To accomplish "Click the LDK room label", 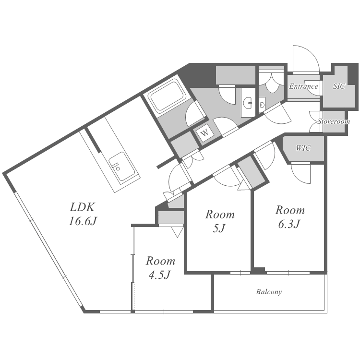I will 83,207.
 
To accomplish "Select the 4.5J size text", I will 160,275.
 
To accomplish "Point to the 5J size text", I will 220,228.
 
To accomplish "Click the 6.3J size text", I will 289,224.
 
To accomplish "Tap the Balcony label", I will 269,292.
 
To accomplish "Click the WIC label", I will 303,148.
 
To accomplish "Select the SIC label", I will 339,87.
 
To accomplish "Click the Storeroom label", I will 334,122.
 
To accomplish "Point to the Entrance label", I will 303,87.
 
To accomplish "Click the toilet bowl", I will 262,103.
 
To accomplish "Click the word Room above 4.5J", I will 160,262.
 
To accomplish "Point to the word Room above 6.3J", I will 289,210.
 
